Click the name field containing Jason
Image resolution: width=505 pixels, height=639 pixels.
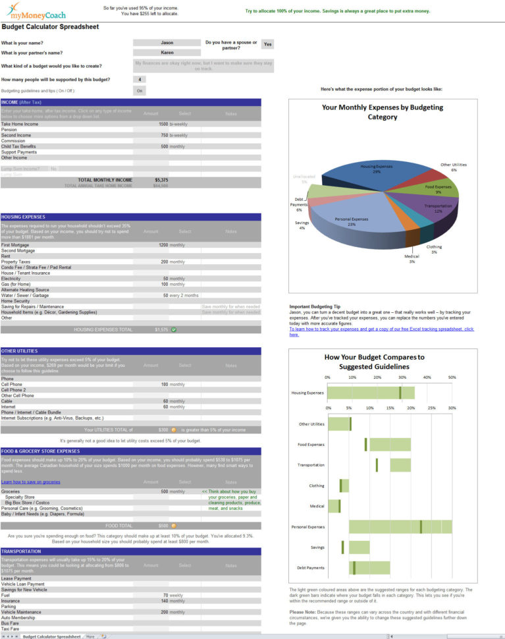point(167,42)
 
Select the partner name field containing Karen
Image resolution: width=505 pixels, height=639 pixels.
point(167,52)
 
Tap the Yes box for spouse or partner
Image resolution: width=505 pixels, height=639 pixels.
point(267,44)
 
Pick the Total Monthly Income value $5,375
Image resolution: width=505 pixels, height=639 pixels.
point(161,180)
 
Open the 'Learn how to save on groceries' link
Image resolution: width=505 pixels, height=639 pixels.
point(30,482)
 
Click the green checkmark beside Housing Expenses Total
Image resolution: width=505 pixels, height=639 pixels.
point(174,329)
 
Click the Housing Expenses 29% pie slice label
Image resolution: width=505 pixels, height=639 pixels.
point(376,169)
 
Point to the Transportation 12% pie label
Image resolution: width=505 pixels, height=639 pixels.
point(433,208)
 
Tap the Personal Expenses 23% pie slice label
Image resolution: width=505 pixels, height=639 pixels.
point(352,221)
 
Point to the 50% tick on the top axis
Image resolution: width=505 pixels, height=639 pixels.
point(452,377)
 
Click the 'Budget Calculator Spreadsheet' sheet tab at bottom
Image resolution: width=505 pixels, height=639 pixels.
point(51,636)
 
